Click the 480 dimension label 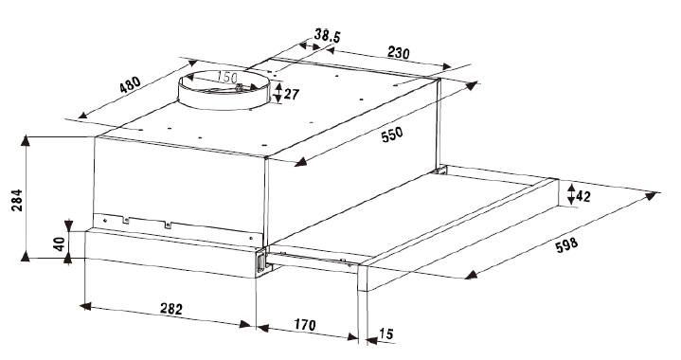(131, 84)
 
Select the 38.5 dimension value (327, 36)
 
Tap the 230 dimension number (398, 53)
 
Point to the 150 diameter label (227, 78)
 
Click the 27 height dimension (292, 94)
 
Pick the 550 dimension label (392, 135)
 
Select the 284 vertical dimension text (17, 200)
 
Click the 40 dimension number (59, 244)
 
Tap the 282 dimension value (171, 309)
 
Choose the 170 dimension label (305, 324)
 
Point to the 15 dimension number (386, 333)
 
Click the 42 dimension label (582, 197)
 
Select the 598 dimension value (566, 245)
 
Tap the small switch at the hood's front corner (261, 262)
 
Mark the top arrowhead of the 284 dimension (27, 140)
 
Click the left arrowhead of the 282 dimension (85, 306)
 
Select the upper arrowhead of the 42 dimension (571, 188)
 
